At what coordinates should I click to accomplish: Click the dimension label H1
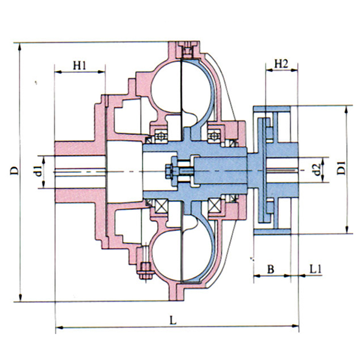tap(80, 65)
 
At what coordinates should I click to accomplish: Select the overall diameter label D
tap(14, 171)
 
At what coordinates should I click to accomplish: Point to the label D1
tap(341, 168)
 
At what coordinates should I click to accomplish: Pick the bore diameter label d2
tap(317, 170)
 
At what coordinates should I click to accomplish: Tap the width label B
tap(271, 269)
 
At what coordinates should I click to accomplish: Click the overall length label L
tap(173, 320)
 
